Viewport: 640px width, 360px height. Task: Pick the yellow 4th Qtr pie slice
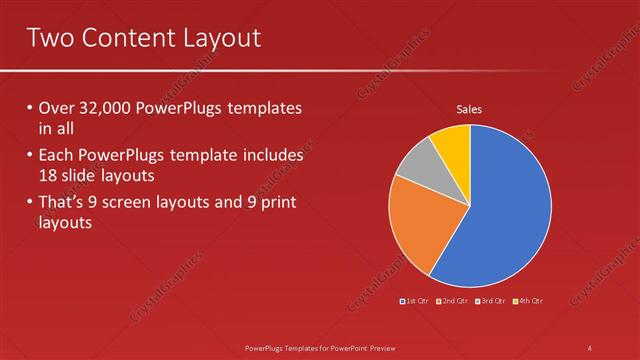[x=453, y=142]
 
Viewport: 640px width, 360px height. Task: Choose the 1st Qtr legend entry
[x=414, y=301]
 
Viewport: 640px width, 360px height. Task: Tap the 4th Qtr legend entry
[x=528, y=301]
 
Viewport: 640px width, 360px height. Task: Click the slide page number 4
[x=590, y=347]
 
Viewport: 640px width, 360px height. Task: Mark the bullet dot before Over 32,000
[x=29, y=108]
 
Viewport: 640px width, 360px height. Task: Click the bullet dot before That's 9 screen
[x=29, y=204]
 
